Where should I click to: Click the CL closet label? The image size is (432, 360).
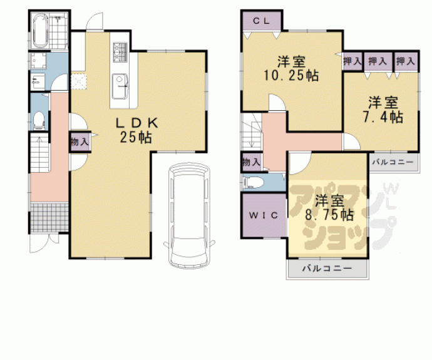click(261, 21)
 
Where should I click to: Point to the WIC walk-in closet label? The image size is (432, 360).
click(263, 215)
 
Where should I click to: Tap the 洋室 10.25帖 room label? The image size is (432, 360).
click(292, 69)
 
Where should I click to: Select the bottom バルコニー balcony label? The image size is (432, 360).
click(327, 269)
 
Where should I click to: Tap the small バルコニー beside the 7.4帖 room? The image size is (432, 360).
click(393, 162)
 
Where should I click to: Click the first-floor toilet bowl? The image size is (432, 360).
click(39, 118)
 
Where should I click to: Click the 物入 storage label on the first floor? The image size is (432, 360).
click(80, 141)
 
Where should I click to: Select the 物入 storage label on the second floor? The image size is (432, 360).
click(250, 162)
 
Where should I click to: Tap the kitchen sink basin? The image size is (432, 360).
click(120, 84)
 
